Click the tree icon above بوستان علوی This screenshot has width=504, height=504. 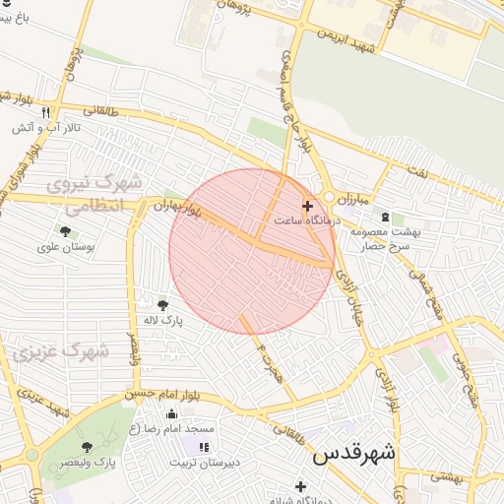pyautogui.click(x=65, y=231)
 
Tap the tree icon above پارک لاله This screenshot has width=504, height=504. pyautogui.click(x=162, y=304)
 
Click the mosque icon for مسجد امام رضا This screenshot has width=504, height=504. pyautogui.click(x=173, y=413)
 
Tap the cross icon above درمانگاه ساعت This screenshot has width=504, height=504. pyautogui.click(x=308, y=207)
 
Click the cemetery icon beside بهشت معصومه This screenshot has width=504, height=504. pyautogui.click(x=384, y=217)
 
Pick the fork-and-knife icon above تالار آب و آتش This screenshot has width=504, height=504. pyautogui.click(x=45, y=112)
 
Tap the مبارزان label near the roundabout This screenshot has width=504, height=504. pyautogui.click(x=351, y=199)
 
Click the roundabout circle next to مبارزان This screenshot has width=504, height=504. pyautogui.click(x=330, y=197)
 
